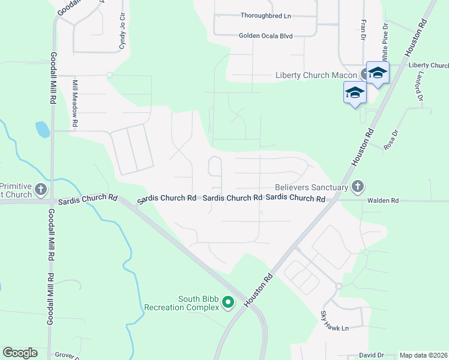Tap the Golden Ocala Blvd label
265,36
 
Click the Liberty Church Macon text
316,75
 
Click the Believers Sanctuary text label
312,187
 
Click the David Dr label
371,355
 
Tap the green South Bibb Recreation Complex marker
228,303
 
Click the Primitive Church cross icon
41,190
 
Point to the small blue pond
42,129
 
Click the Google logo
20,353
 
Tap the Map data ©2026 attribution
423,355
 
